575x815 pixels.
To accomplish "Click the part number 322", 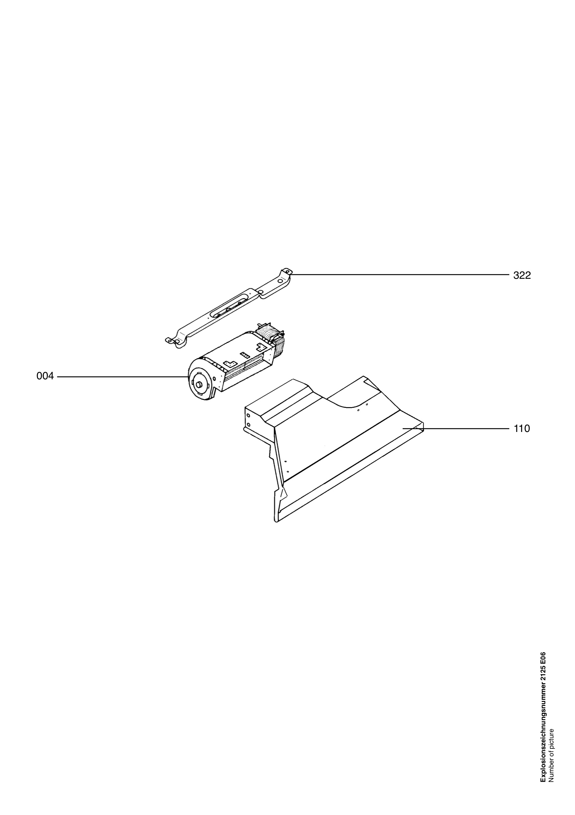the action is point(522,275).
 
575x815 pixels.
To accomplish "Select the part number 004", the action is point(45,376).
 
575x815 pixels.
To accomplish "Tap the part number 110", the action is point(522,429).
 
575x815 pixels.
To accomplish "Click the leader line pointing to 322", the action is point(400,274).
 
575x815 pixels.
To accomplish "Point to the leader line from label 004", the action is point(123,376).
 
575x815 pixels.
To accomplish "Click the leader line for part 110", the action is point(456,429).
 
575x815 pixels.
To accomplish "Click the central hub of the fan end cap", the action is point(199,384).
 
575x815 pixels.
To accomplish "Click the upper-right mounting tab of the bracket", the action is point(286,272).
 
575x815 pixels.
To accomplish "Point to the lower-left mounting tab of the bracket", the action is point(171,341).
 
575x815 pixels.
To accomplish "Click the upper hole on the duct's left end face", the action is point(249,415).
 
